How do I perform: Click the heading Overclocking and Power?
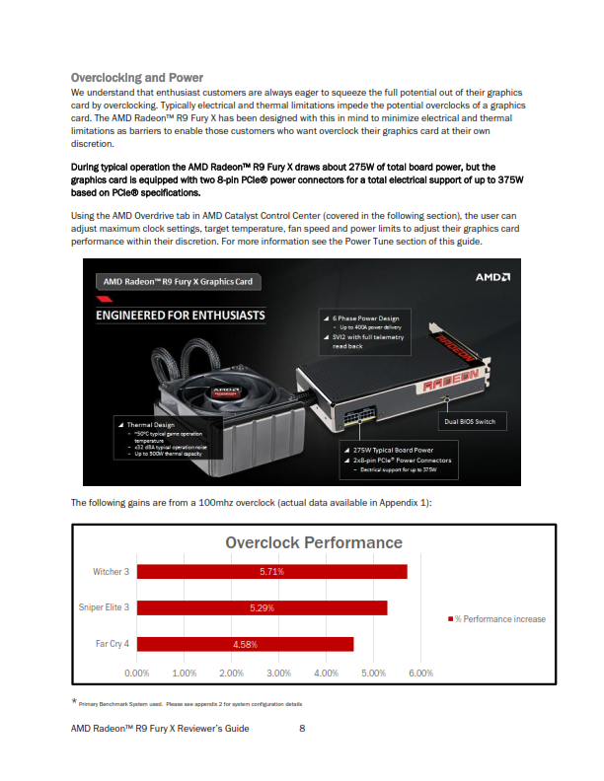(x=137, y=77)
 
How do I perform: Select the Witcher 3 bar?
(x=271, y=572)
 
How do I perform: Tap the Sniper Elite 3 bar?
(x=262, y=607)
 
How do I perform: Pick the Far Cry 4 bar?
(x=245, y=644)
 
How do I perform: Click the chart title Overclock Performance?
(x=314, y=542)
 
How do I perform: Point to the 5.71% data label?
(x=271, y=572)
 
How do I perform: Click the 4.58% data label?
(x=245, y=644)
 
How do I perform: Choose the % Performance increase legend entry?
(x=496, y=618)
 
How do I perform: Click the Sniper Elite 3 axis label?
(x=104, y=607)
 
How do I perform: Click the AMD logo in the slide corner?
(x=492, y=277)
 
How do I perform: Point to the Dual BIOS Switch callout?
(x=472, y=421)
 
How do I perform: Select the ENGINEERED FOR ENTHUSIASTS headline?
(x=180, y=316)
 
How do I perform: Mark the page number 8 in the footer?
(x=302, y=728)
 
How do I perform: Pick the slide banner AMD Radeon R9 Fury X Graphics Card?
(x=178, y=282)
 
